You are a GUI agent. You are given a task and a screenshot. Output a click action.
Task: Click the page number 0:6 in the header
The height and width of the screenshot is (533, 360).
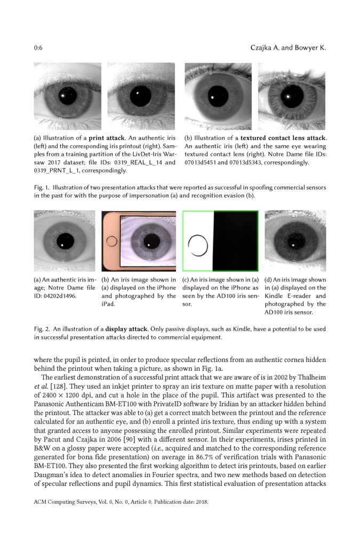click(38, 48)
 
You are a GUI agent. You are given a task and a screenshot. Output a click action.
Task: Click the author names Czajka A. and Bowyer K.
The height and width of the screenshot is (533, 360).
click(288, 48)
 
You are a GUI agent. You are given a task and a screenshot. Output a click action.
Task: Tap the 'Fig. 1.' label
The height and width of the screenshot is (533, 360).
click(42, 188)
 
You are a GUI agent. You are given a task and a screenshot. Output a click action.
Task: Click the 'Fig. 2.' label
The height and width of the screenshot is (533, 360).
click(42, 329)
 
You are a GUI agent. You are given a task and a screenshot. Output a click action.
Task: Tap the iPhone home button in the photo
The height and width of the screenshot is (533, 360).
click(112, 241)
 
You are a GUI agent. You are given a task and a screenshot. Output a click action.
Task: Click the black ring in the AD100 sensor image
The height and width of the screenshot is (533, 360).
click(198, 246)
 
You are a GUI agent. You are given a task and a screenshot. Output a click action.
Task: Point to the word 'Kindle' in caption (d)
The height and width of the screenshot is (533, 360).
click(275, 296)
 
